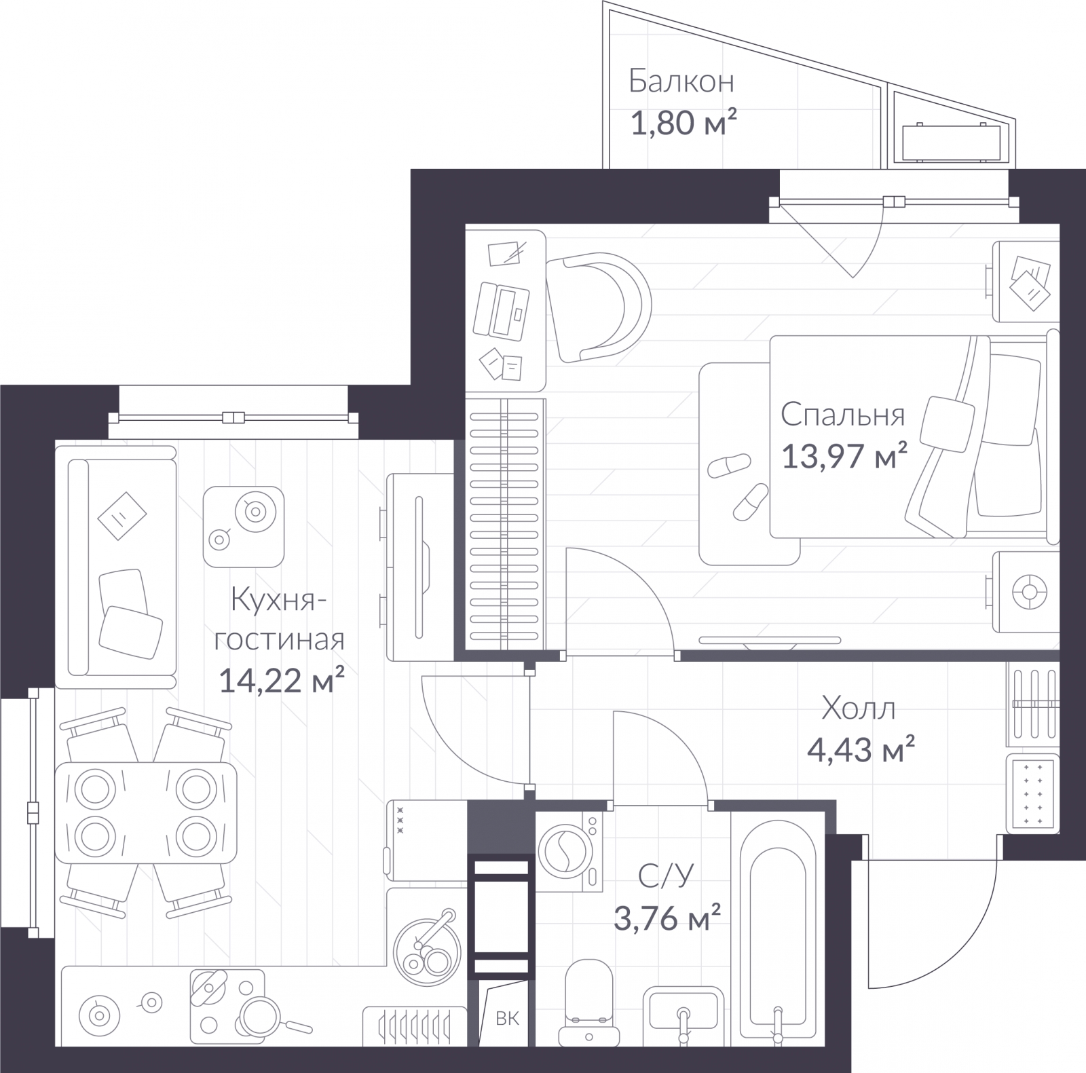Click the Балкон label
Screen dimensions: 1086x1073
coord(681,81)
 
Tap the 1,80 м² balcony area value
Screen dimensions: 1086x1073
coord(684,123)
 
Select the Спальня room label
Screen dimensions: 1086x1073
coord(842,415)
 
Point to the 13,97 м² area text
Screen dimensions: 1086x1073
coord(844,455)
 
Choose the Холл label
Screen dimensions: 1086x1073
coord(858,709)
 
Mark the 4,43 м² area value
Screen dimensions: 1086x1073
coord(860,750)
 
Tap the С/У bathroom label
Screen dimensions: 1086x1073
coord(666,876)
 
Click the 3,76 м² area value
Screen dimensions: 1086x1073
coord(667,918)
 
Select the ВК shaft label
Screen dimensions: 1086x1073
coord(507,1018)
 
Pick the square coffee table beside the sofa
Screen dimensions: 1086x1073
coord(244,527)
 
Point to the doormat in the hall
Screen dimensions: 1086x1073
coord(1032,793)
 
